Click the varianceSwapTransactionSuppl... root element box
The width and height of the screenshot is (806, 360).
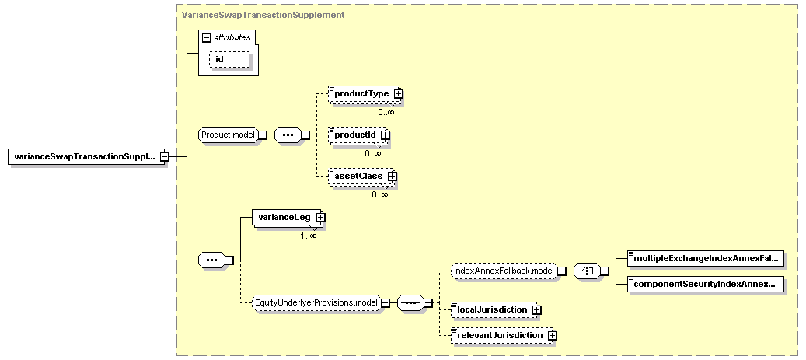pos(85,156)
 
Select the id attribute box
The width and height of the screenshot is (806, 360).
pos(229,59)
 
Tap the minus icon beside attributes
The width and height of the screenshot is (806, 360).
pos(208,37)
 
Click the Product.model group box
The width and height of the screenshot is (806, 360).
pos(229,135)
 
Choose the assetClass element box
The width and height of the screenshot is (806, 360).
pos(361,176)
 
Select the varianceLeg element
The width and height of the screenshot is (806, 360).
pos(286,217)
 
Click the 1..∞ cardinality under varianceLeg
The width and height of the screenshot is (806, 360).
pos(309,236)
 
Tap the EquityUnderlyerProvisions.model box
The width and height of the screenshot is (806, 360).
pos(317,303)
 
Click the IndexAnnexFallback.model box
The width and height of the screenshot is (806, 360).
pos(503,271)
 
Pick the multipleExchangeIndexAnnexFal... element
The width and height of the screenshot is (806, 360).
pos(706,260)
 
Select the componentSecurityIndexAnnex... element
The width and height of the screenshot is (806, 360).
pos(706,284)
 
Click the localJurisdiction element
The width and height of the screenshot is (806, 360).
pos(493,309)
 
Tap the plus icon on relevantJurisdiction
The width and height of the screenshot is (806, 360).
pos(552,335)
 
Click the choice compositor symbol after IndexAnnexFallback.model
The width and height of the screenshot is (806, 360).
pos(587,271)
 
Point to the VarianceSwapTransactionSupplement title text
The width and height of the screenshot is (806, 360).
pos(263,15)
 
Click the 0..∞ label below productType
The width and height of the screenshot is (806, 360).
pos(386,112)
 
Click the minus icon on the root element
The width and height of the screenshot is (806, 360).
pos(165,156)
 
